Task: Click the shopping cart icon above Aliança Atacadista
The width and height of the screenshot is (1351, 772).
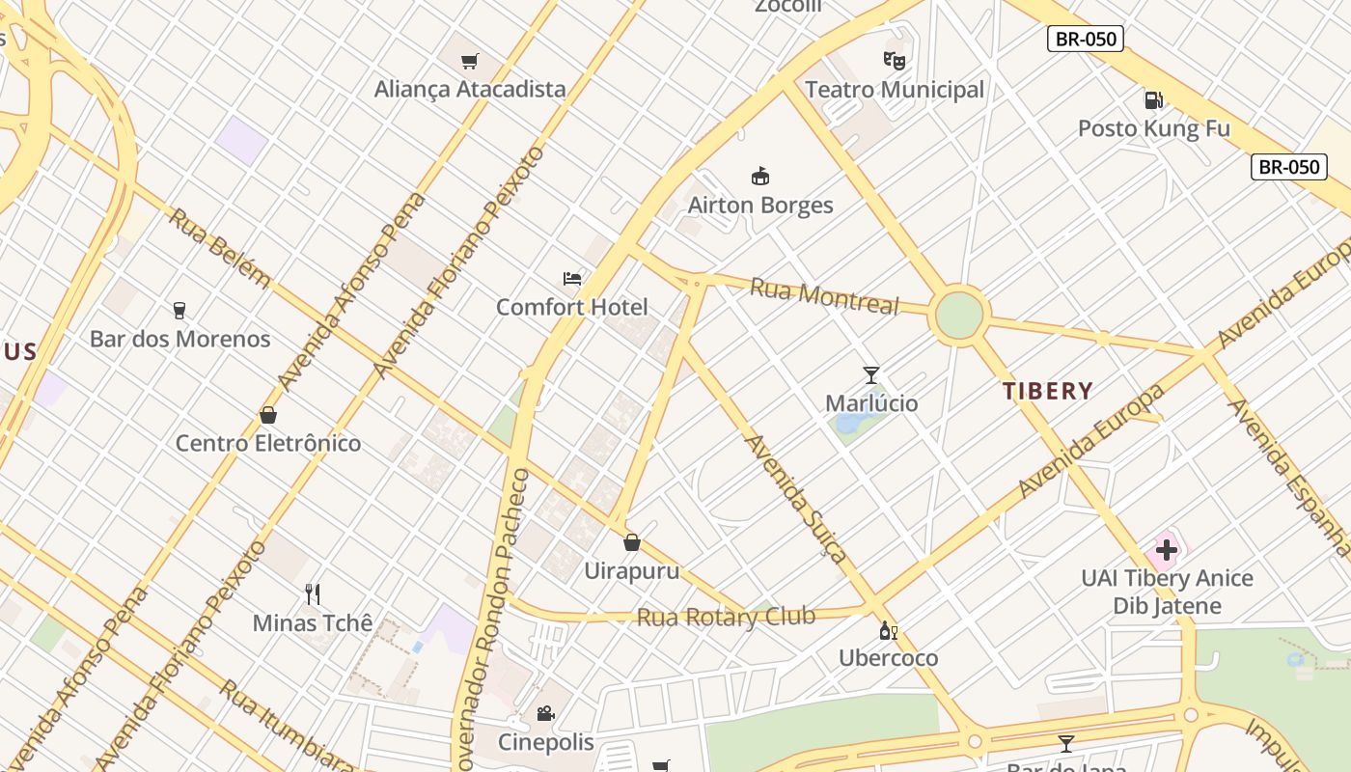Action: point(470,62)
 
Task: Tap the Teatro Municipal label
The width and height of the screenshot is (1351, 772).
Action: point(895,90)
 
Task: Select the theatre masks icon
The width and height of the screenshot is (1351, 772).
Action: point(895,61)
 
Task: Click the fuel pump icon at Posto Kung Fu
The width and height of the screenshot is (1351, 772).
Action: point(1153,99)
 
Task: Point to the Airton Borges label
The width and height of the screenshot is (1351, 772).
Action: point(760,205)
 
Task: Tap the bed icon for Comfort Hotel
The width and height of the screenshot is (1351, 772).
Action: point(572,279)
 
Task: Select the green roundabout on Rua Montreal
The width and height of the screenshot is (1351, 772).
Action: point(959,315)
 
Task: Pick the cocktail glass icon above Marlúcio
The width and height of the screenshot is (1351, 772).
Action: point(871,374)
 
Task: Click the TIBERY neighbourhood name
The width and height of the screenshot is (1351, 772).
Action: point(1047,391)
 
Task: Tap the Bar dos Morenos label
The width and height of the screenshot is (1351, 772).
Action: point(180,339)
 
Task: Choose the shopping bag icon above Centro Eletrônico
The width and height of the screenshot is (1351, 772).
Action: point(268,415)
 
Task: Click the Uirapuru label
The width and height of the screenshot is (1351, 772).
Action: point(632,570)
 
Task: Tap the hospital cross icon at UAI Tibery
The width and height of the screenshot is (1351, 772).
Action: point(1166,551)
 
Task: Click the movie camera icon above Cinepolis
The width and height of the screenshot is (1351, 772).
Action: point(545,713)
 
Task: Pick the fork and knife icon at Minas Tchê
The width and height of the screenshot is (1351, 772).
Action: point(312,593)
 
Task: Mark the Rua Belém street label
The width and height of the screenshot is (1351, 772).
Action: point(220,247)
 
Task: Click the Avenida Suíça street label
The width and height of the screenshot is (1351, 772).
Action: point(797,498)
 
